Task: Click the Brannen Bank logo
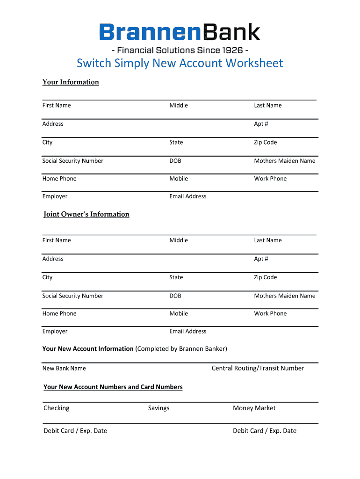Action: [180, 32]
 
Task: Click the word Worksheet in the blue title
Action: [254, 63]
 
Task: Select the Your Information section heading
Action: [71, 82]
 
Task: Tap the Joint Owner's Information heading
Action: [86, 214]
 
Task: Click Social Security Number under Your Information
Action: [73, 161]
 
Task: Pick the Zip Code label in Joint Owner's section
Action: [266, 277]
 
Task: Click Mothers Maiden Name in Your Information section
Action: [285, 161]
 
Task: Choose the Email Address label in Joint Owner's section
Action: [188, 331]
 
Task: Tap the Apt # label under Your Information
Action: [261, 124]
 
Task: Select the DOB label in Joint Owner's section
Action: [175, 296]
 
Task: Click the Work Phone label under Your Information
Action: [270, 179]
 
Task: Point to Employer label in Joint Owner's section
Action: [55, 331]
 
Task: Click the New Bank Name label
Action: [64, 369]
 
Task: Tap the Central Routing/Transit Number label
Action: [258, 368]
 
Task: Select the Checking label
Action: [57, 408]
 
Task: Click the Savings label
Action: [159, 408]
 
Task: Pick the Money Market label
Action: [254, 408]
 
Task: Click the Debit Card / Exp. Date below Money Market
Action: [265, 431]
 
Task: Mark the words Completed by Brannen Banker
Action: [181, 349]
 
